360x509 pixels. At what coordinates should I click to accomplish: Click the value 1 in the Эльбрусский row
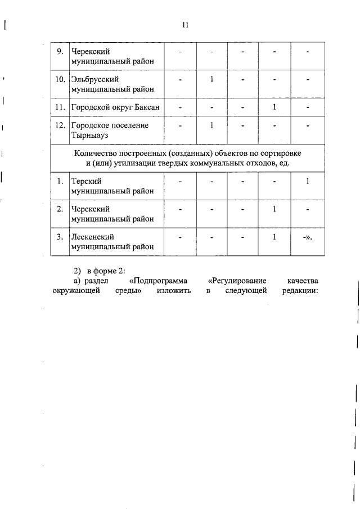(211, 79)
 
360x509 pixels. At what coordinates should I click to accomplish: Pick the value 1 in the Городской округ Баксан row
(273, 106)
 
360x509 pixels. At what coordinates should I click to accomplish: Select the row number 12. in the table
(60, 125)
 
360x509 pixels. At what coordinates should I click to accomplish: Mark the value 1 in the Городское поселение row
(211, 125)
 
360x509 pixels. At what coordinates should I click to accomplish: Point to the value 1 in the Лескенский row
(273, 236)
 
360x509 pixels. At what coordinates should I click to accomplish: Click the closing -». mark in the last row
(307, 237)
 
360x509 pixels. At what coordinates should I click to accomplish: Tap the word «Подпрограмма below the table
(158, 280)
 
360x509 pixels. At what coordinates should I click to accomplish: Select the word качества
(302, 280)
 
